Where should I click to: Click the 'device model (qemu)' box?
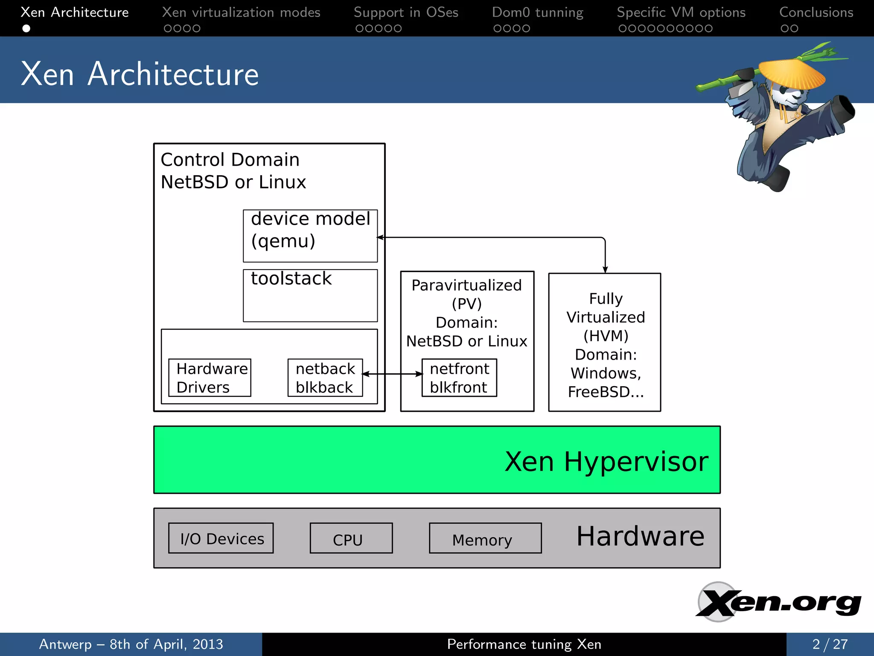310,235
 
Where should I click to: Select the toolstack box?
310,295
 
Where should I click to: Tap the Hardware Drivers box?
210,378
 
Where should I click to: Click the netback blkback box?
325,378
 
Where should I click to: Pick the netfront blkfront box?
459,378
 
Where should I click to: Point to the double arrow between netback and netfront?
392,374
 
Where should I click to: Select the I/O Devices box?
221,538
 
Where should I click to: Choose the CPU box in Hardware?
351,538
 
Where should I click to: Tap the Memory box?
485,538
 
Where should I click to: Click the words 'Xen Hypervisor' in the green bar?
606,461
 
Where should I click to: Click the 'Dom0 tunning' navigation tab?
537,12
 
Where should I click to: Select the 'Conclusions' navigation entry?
816,12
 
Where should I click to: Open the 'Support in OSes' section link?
406,12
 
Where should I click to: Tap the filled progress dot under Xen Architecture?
26,29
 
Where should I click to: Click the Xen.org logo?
778,602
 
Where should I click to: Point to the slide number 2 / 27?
830,644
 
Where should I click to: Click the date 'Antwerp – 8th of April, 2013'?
131,644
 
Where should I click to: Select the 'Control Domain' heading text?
230,160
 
